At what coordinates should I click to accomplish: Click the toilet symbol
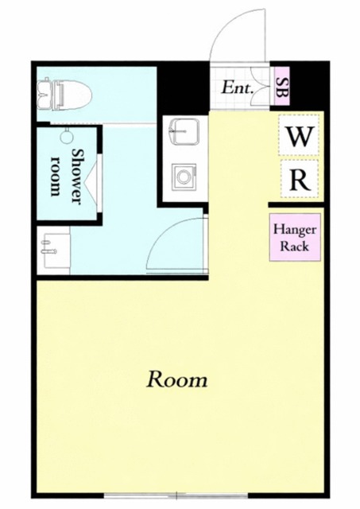pos(64,95)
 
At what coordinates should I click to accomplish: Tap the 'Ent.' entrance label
pos(237,87)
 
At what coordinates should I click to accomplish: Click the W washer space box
pos(299,134)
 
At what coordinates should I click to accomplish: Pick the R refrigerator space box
pos(299,179)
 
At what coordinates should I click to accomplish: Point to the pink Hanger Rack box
pos(295,237)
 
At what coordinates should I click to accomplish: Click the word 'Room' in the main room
pos(176,379)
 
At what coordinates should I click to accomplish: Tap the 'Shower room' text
pos(67,175)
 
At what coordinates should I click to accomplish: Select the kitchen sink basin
pos(184,131)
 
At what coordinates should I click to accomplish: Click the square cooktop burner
pos(184,177)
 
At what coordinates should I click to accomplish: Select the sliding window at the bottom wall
pos(176,495)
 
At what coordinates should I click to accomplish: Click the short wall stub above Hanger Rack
pos(296,205)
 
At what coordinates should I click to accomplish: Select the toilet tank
pos(43,94)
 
